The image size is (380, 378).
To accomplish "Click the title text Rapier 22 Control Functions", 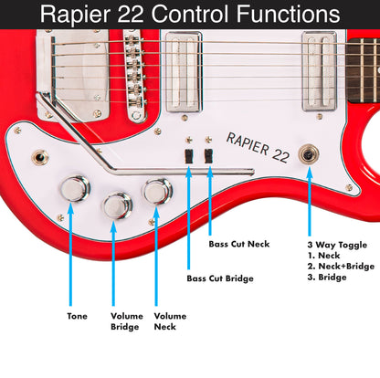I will (x=190, y=16).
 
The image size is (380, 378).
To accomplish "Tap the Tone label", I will (x=77, y=317).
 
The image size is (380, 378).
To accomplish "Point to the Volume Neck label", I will (x=170, y=321).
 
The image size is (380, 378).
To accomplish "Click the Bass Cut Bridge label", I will (x=220, y=278).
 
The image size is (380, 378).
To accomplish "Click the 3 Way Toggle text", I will (x=334, y=244).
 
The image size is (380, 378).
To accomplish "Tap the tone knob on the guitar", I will (x=74, y=189).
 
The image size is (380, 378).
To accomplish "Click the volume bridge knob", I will (x=117, y=206).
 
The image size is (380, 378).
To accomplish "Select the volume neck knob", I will (x=157, y=192).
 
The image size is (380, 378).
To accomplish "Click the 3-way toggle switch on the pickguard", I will (x=310, y=153).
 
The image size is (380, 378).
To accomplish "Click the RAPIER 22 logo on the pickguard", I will (x=258, y=146).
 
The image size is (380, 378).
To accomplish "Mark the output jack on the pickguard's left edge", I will (x=40, y=158).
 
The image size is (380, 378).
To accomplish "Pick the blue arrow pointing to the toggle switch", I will (x=310, y=201).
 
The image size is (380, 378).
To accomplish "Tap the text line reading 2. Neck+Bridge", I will (x=342, y=266).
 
